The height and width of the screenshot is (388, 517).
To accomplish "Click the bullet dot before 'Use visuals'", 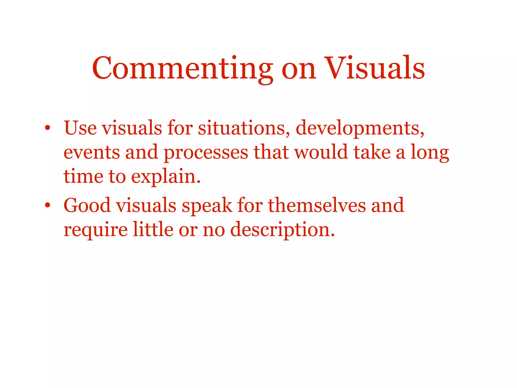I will pyautogui.click(x=47, y=128).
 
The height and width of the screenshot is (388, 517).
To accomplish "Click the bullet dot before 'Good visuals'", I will pyautogui.click(x=47, y=205).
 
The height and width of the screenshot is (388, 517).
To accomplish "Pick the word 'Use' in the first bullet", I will pyautogui.click(x=80, y=128).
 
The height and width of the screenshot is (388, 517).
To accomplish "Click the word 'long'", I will pyautogui.click(x=430, y=153).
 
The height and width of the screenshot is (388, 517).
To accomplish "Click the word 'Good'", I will pyautogui.click(x=87, y=205).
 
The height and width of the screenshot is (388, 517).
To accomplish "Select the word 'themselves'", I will pyautogui.click(x=317, y=205).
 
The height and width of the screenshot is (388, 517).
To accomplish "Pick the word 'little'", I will pyautogui.click(x=153, y=229).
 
